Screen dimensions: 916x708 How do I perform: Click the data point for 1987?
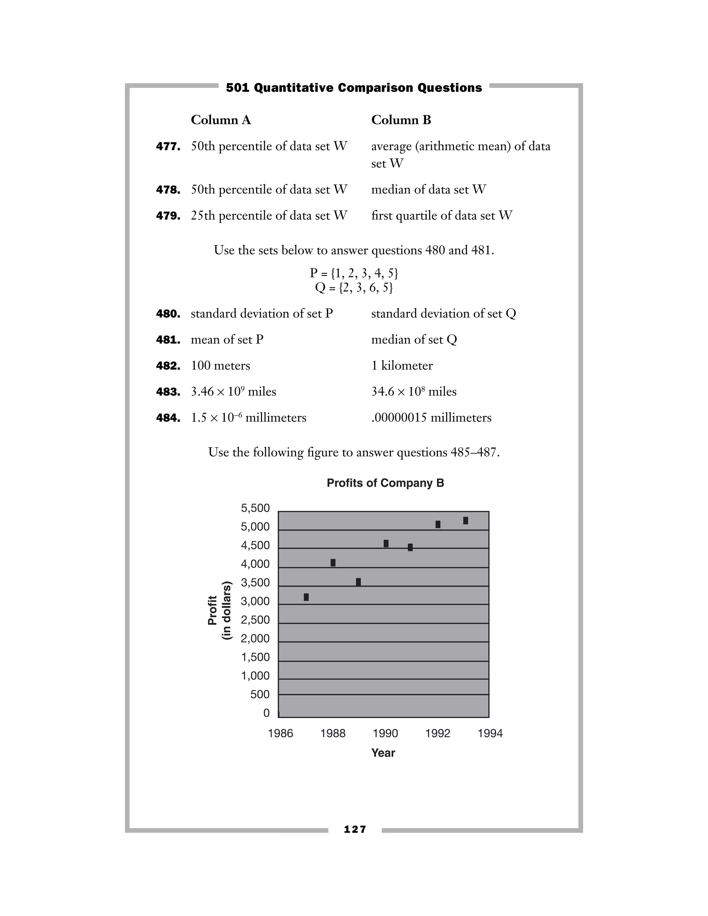click(x=306, y=597)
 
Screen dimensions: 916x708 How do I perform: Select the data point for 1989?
click(x=358, y=582)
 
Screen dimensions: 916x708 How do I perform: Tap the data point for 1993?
click(x=466, y=521)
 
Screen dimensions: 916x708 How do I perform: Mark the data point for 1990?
click(x=386, y=544)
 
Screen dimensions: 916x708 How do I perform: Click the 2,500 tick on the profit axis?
click(x=255, y=620)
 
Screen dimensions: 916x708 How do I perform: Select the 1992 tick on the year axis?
click(x=437, y=733)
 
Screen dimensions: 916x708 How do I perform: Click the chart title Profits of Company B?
click(x=385, y=483)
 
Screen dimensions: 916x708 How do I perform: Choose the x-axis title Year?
click(x=383, y=753)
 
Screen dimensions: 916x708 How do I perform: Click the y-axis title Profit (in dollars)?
click(x=220, y=610)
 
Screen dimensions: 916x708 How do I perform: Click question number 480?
click(x=168, y=314)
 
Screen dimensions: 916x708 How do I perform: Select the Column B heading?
click(x=401, y=120)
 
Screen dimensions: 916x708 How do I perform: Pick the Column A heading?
click(x=221, y=120)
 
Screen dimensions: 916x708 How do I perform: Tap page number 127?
click(x=355, y=829)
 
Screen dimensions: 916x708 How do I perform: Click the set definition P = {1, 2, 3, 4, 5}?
click(x=354, y=273)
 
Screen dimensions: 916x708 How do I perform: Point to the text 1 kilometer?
click(x=402, y=366)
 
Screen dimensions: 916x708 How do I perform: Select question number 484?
click(x=168, y=418)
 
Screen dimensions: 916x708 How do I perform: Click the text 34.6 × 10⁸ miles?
click(x=413, y=392)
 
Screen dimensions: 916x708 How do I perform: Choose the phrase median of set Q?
click(x=414, y=340)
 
